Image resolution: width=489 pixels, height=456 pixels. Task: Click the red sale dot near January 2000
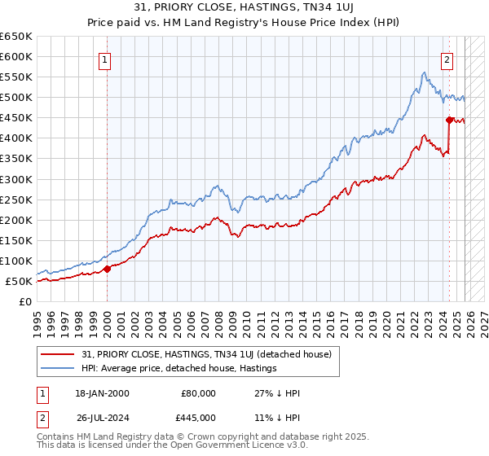107,269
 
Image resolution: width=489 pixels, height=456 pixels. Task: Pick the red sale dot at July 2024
449,120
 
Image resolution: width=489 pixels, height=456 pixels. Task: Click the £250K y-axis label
16,199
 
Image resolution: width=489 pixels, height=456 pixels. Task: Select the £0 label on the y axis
25,302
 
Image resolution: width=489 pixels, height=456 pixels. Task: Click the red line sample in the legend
59,354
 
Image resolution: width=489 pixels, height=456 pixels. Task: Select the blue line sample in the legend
59,368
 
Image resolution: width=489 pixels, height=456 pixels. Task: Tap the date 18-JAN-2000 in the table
102,393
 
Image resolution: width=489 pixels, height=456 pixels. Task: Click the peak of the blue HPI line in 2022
424,72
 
